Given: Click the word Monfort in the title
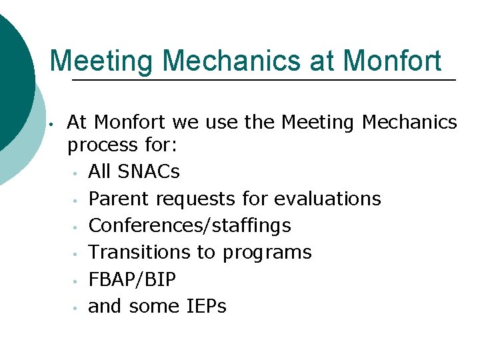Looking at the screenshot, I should (392, 61).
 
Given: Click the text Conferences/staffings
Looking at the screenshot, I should (189, 226).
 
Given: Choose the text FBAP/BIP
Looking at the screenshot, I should (132, 280).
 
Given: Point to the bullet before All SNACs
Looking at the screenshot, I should (77, 173).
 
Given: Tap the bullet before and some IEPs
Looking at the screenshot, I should (77, 308).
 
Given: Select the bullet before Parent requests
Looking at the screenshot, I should (77, 200).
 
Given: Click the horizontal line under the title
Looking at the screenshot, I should (263, 81).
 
